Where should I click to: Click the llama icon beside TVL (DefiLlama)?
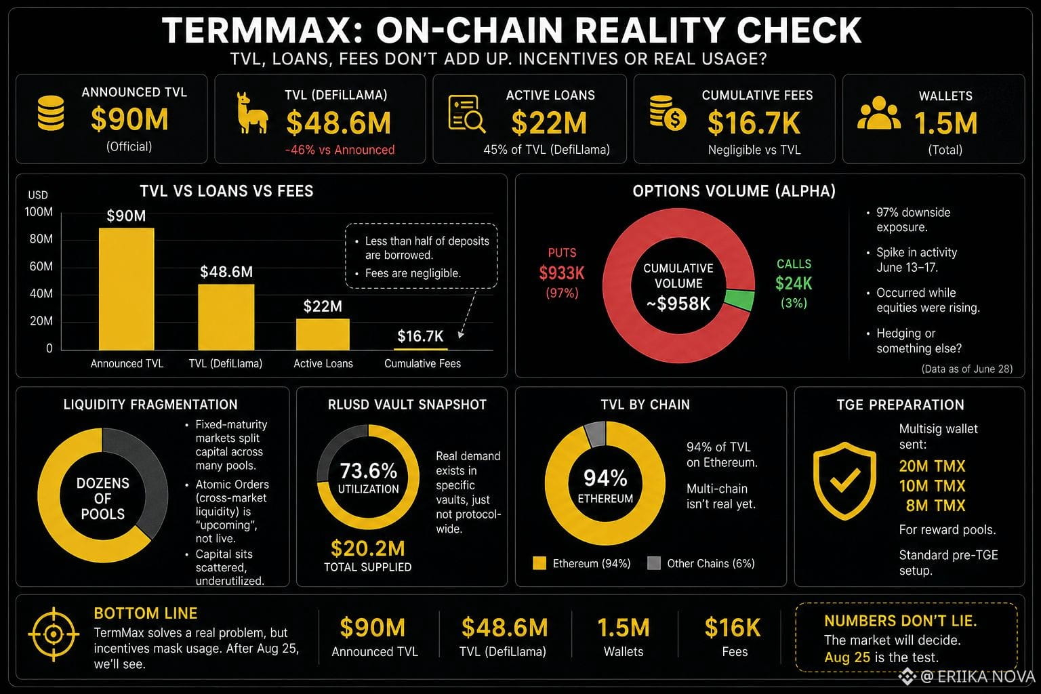252,113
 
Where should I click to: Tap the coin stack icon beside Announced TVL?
51,113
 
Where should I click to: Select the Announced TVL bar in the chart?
127,289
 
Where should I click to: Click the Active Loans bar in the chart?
323,334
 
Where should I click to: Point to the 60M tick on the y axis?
41,266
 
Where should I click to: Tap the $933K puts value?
561,273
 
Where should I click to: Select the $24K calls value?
794,283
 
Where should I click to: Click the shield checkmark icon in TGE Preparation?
844,481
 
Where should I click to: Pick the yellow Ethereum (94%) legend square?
539,563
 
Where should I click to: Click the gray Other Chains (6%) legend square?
654,563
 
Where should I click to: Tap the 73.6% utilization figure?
368,471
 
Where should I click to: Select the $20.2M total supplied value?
367,548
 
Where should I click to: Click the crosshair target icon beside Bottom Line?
54,634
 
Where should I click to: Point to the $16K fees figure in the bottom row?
733,628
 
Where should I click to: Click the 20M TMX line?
932,466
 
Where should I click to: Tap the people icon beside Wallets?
878,113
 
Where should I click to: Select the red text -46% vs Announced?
340,150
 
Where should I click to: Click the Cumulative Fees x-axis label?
422,363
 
